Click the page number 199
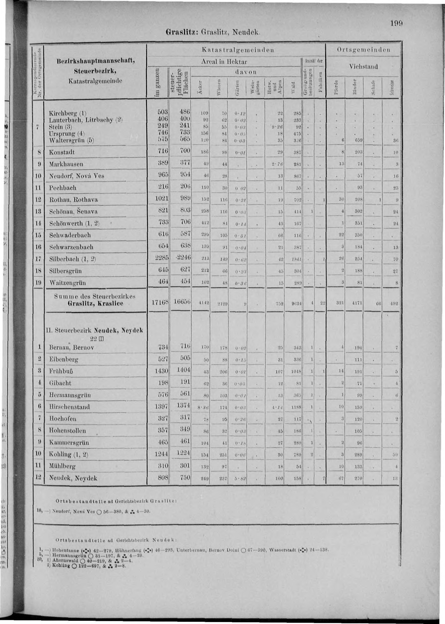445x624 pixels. pyautogui.click(x=396, y=24)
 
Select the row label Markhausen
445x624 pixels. pyautogui.click(x=66, y=164)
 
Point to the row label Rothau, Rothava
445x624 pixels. pyautogui.click(x=73, y=200)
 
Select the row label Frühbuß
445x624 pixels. pyautogui.click(x=61, y=372)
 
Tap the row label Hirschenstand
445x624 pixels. pyautogui.click(x=69, y=407)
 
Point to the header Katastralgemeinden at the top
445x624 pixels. pyautogui.click(x=238, y=50)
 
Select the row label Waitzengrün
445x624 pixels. pyautogui.click(x=67, y=283)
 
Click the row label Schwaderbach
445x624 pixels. pyautogui.click(x=70, y=235)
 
